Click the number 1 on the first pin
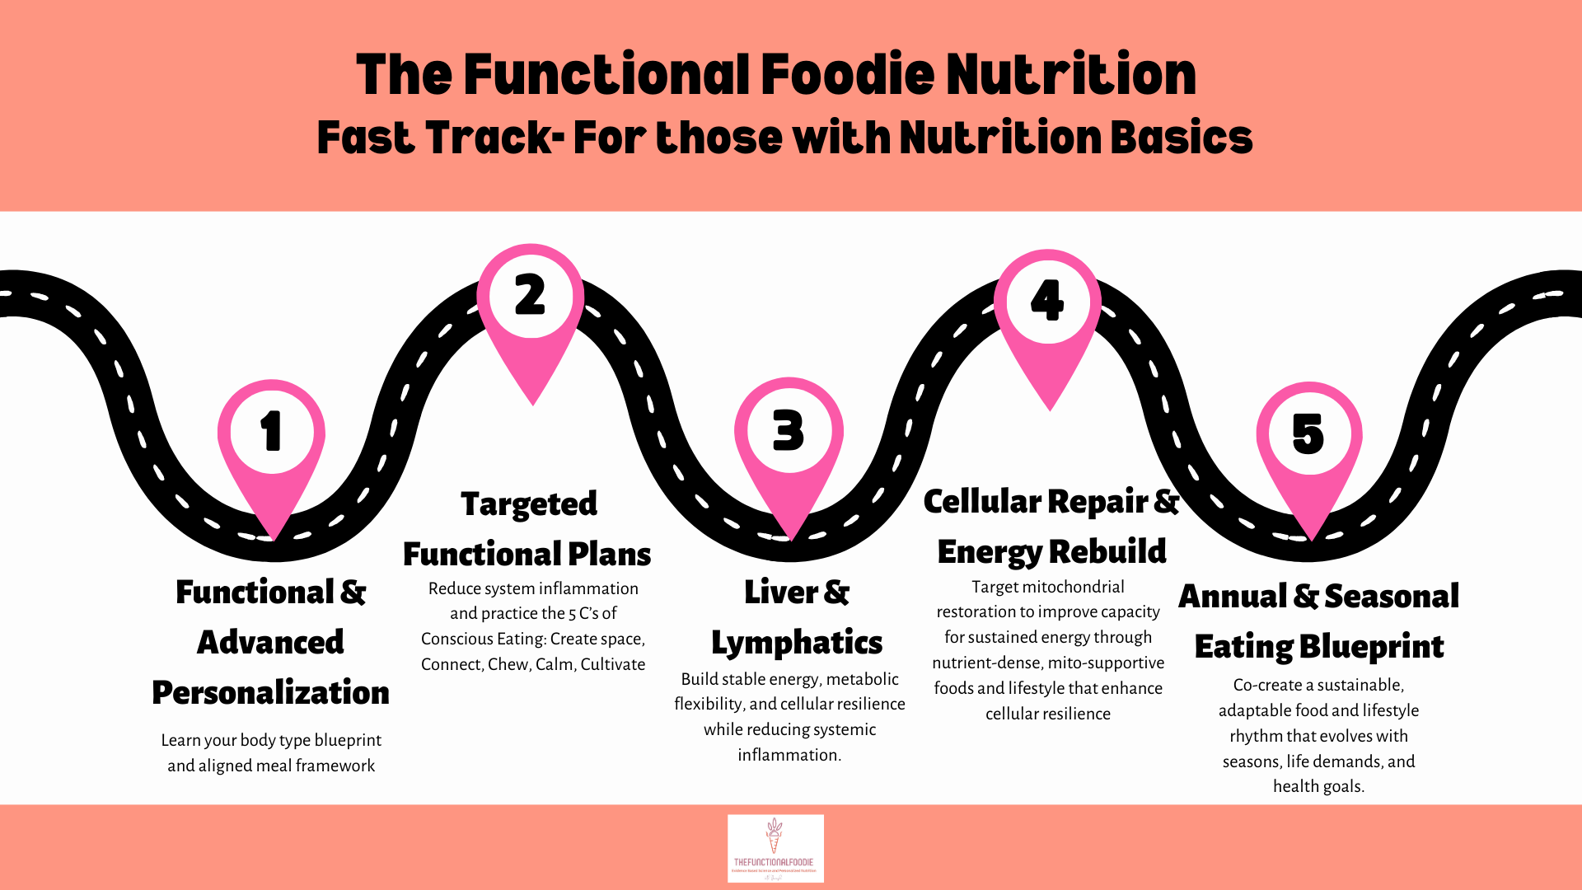click(271, 431)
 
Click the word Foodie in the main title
click(845, 75)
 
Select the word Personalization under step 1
click(271, 693)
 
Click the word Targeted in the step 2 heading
click(529, 504)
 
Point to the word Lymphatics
click(797, 643)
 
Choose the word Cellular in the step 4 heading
click(982, 502)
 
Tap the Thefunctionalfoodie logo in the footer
click(775, 848)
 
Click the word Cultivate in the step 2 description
click(613, 664)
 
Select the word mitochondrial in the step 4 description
click(1073, 587)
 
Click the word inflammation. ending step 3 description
click(789, 755)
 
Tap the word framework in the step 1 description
click(335, 766)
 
